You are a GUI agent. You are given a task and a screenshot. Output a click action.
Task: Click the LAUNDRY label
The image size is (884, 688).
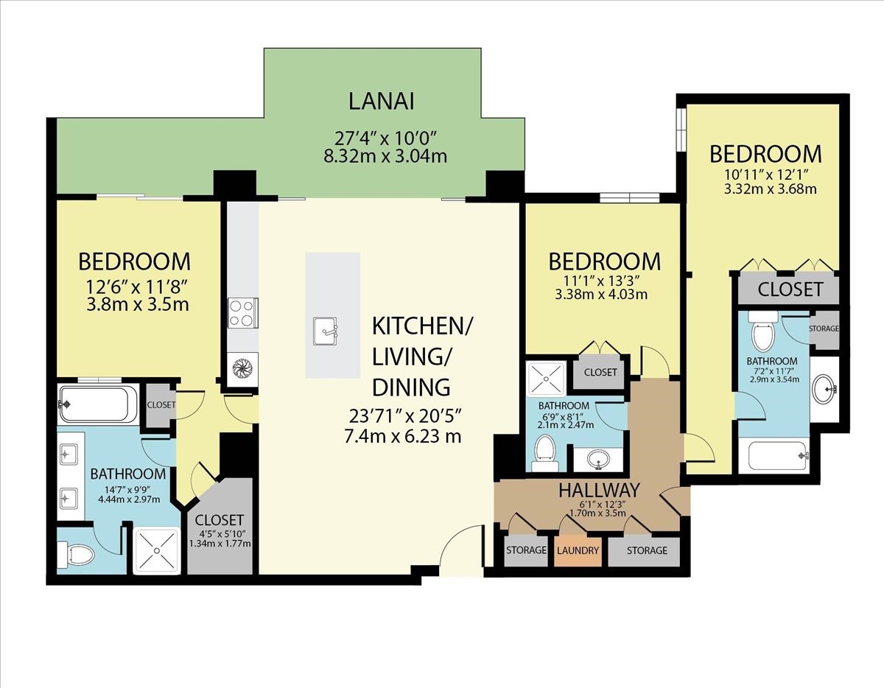578,550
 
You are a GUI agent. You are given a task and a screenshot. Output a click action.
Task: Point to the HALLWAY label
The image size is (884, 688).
598,489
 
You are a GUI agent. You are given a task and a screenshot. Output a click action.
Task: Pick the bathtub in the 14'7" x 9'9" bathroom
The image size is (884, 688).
98,404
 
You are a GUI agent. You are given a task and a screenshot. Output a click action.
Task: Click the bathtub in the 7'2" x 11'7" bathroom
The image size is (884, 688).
778,456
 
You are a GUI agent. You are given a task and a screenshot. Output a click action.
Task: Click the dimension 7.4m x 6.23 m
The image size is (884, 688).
402,436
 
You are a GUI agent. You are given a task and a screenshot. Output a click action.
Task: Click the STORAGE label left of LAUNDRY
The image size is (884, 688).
526,550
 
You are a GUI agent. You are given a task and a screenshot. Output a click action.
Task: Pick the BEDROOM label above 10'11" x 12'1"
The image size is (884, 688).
765,154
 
